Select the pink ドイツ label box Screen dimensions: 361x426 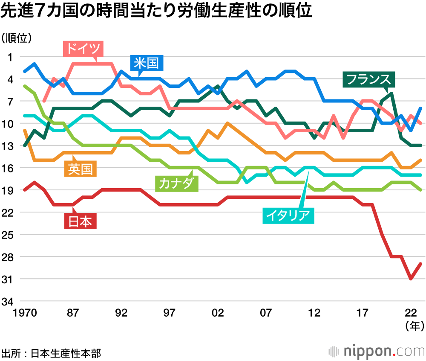(83, 49)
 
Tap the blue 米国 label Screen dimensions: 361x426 (146, 63)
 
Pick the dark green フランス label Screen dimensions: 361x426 (369, 79)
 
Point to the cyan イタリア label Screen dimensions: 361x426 (287, 215)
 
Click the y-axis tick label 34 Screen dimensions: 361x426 (9, 302)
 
